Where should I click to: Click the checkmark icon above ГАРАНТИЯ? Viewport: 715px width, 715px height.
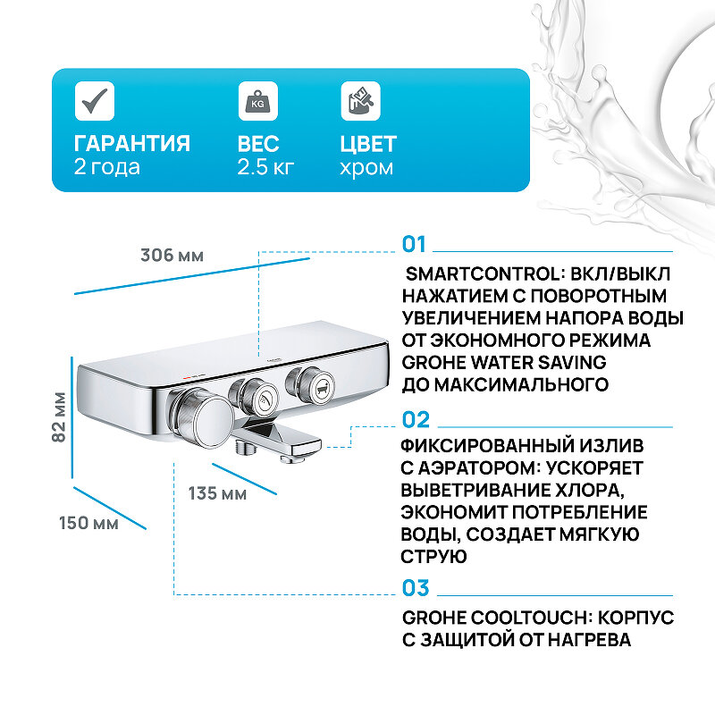pos(94,100)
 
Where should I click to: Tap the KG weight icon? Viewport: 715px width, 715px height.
pos(257,100)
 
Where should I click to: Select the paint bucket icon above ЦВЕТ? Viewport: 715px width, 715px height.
pos(360,100)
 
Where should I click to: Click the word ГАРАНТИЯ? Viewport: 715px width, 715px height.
pos(131,144)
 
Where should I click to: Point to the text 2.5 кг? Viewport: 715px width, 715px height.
pos(265,167)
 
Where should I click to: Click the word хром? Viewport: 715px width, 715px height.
pos(366,167)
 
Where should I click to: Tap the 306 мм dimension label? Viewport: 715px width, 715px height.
pos(172,256)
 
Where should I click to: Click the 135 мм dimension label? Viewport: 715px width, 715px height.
pos(217,493)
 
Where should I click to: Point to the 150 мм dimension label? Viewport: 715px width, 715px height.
pos(88,523)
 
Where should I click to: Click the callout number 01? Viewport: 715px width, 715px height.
pos(416,245)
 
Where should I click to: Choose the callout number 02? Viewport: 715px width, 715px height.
pos(416,420)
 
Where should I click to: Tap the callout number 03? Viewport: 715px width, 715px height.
pos(416,588)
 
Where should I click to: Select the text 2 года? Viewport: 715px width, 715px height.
pos(106,167)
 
